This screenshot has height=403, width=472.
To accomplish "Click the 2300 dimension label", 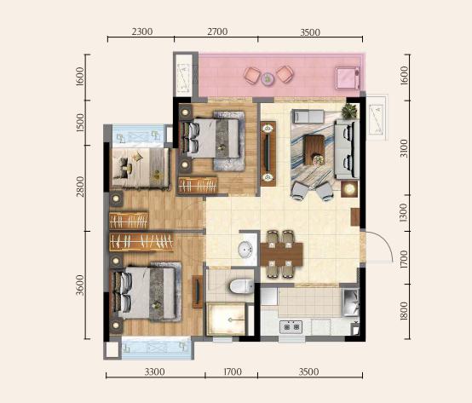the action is point(142,32).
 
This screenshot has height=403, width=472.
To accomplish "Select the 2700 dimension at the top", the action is point(217,32).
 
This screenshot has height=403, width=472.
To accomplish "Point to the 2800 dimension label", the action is point(80,187).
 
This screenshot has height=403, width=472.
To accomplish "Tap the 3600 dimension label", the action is point(80,285).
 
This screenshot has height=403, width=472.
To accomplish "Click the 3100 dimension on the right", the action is point(404,148).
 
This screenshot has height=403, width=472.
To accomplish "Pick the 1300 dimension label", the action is point(404,212).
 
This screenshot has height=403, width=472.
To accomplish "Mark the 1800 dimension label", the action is point(404,311).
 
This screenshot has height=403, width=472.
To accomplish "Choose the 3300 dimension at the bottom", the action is point(155,372).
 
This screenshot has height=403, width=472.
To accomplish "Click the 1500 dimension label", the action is point(80,123).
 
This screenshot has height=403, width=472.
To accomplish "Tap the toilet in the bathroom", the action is point(241,286).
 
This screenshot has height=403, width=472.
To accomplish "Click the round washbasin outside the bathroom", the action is point(245,250).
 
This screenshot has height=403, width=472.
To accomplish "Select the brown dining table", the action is point(282,254).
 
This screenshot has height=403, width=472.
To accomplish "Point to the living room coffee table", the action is point(314,150).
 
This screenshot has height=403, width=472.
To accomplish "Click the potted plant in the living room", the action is point(349,111).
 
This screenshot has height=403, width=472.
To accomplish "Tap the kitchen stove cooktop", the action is point(291,327).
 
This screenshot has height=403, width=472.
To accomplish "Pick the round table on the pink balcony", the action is point(268,78).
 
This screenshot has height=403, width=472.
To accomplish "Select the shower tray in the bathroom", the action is point(226,319).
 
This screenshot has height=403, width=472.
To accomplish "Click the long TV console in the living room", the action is point(268,153).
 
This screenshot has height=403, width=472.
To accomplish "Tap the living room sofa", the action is point(347,150).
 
